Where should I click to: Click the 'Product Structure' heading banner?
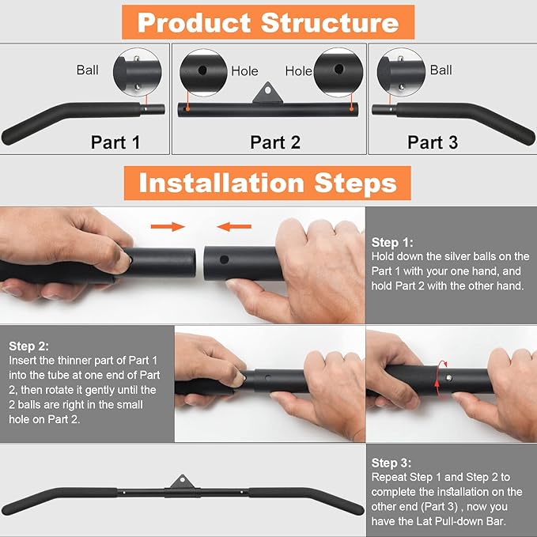(x=268, y=22)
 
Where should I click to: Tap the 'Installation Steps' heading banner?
(x=267, y=183)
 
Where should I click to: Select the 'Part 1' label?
(x=115, y=142)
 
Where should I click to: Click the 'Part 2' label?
(x=275, y=142)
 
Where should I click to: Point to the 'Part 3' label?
(x=433, y=142)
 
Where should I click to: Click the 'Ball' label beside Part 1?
(x=87, y=70)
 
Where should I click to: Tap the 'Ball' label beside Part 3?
(x=441, y=70)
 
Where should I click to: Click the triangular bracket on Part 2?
(x=268, y=93)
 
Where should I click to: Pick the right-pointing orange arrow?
(x=168, y=226)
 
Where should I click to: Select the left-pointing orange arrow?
(x=234, y=226)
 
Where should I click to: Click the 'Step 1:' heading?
(x=392, y=243)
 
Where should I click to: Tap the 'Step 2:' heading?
(x=28, y=346)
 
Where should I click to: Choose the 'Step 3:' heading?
(x=391, y=463)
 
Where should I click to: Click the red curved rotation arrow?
(x=437, y=379)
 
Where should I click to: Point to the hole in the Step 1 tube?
(x=225, y=259)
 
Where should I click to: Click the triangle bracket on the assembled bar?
(x=182, y=482)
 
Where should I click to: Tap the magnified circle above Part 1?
(x=138, y=72)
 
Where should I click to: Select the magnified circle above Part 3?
(x=401, y=72)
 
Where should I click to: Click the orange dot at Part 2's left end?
(x=187, y=109)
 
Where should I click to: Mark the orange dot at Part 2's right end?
(x=351, y=109)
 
